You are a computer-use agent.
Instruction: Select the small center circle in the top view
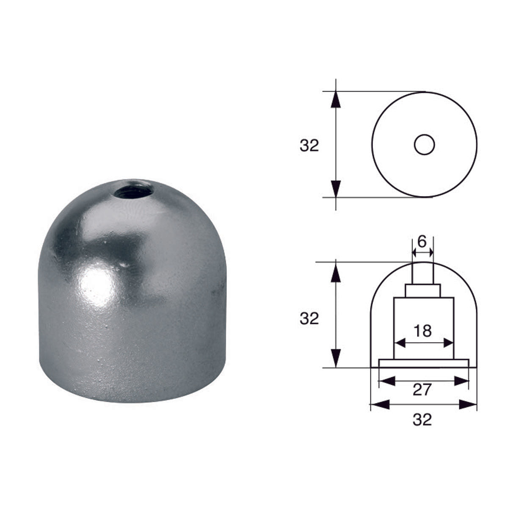[x=424, y=145]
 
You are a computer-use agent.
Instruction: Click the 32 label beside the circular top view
[x=309, y=146]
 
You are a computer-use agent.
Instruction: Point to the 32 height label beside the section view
[x=309, y=318]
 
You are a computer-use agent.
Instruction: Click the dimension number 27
[x=422, y=390]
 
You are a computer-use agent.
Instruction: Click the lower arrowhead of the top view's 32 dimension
[x=336, y=189]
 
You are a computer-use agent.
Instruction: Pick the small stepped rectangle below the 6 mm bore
[x=423, y=291]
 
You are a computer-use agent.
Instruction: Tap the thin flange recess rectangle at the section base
[x=424, y=363]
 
